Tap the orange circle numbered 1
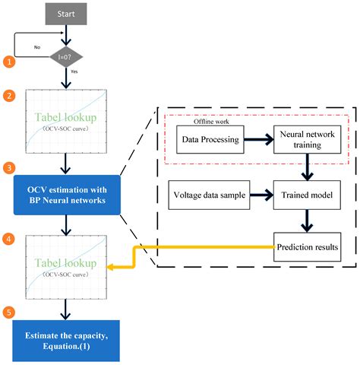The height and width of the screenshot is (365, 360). pyautogui.click(x=9, y=61)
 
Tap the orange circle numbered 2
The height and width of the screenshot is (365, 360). pyautogui.click(x=9, y=97)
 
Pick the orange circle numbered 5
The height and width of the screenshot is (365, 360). pyautogui.click(x=9, y=311)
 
